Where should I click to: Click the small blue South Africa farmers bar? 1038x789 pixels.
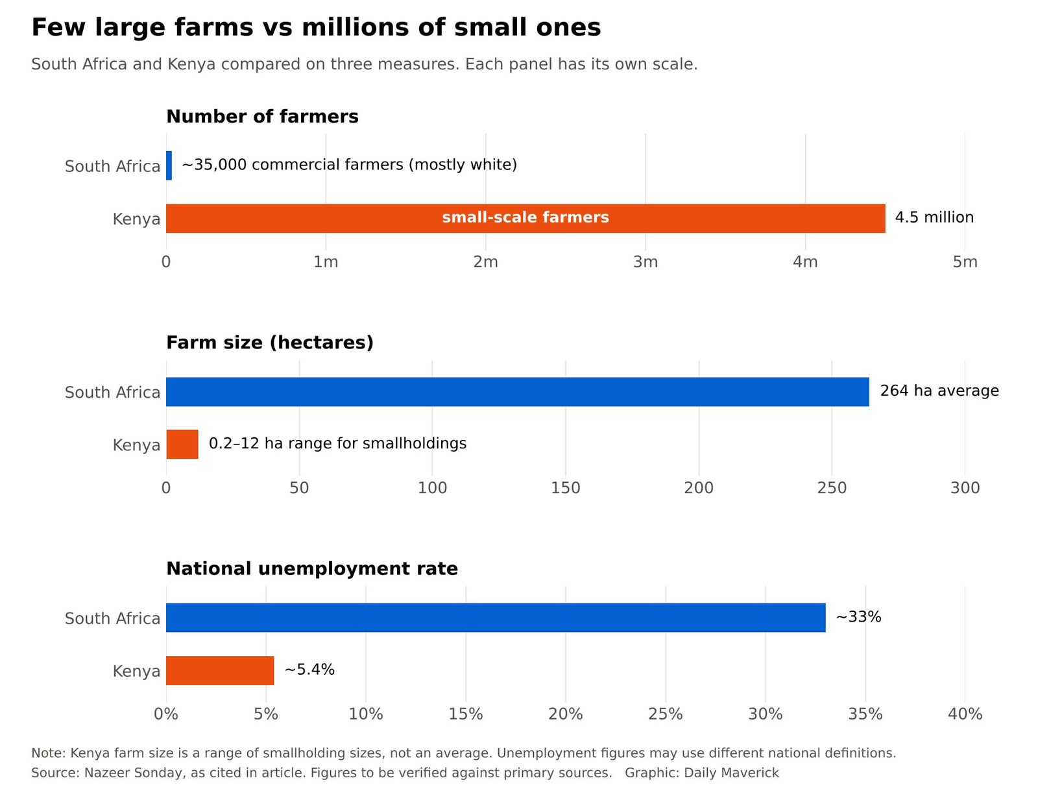[x=169, y=165]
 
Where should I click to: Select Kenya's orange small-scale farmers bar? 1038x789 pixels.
[x=525, y=219]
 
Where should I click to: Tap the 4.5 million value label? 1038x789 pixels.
[x=934, y=217]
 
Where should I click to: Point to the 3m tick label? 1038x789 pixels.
[x=646, y=261]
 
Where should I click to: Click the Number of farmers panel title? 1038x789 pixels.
[x=263, y=116]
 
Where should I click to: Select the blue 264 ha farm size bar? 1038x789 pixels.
[x=517, y=392]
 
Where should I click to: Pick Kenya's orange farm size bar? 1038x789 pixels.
[x=182, y=444]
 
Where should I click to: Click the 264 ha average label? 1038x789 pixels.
[x=939, y=391]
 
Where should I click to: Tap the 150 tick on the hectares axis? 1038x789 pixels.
[x=566, y=488]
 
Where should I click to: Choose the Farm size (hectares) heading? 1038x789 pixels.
[x=270, y=343]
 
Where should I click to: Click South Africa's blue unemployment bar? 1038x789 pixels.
[x=496, y=618]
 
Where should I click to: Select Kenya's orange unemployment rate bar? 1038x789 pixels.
[x=220, y=671]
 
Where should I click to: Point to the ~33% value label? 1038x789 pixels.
[x=858, y=617]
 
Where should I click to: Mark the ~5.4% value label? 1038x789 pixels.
[x=309, y=670]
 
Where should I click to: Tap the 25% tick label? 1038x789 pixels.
[x=666, y=714]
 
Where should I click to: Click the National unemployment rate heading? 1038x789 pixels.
[x=312, y=568]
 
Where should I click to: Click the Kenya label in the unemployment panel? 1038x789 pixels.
[x=136, y=672]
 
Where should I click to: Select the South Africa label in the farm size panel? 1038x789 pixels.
[x=112, y=393]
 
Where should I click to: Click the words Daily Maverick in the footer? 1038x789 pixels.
[x=731, y=773]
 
